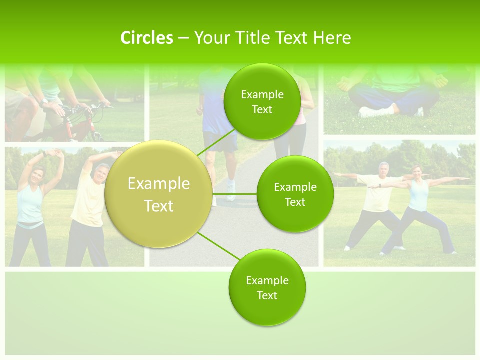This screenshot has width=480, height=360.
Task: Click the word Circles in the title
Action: [x=146, y=38]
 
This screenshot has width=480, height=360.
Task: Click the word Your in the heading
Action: [x=210, y=38]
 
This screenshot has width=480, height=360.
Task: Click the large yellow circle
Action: [x=159, y=194]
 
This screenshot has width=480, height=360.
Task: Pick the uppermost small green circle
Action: [x=262, y=102]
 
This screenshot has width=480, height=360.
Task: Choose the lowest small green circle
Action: [x=267, y=288]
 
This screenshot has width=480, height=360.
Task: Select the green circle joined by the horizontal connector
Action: [x=295, y=194]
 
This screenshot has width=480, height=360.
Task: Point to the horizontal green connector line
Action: [x=234, y=194]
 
